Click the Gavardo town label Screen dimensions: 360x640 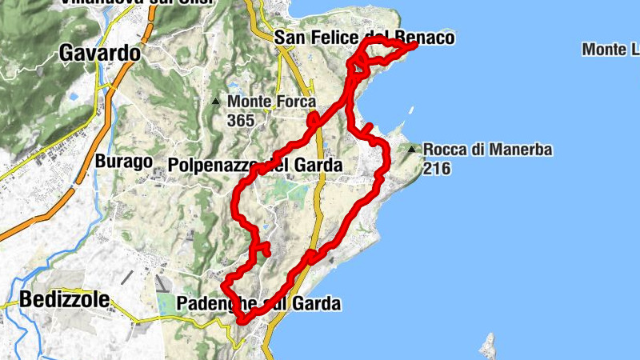(100, 54)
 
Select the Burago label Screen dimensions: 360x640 (123, 162)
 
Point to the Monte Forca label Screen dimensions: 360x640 (271, 102)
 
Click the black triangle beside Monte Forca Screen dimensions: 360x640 (216, 102)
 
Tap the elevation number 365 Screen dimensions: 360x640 (240, 121)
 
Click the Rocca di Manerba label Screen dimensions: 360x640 (488, 150)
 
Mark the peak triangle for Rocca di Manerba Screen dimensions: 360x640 (412, 149)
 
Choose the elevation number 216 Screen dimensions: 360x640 (438, 168)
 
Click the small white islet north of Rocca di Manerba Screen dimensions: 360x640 (411, 110)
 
